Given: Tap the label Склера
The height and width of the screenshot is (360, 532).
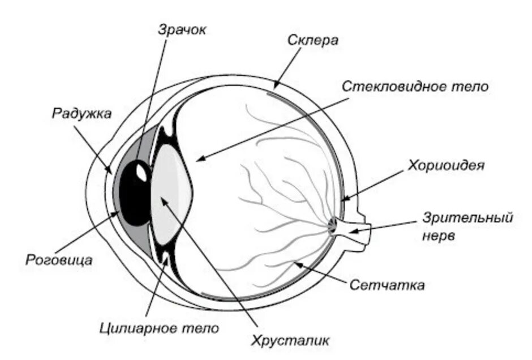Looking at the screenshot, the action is click(312, 41).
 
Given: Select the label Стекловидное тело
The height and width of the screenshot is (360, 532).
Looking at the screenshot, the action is click(415, 87).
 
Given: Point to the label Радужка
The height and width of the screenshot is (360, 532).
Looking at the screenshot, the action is click(82, 113).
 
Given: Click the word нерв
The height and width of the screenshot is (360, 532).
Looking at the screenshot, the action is click(438, 237).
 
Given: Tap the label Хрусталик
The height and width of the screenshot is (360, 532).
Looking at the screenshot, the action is click(290, 340).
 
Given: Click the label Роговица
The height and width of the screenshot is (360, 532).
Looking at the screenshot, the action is click(59, 260).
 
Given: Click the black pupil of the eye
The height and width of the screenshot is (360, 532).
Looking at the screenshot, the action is click(135, 195).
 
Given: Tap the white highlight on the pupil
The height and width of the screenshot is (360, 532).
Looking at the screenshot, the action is click(141, 173).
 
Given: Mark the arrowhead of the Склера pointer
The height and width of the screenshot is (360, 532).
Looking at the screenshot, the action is click(275, 87).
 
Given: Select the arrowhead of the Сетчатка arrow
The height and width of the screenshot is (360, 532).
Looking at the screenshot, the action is click(294, 263).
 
